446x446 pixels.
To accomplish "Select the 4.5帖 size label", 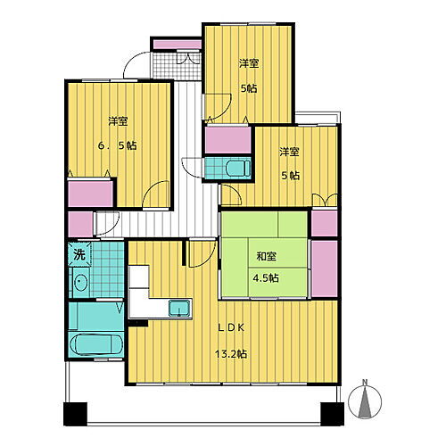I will tap(265, 277).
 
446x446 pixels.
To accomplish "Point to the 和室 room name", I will tap(266, 257).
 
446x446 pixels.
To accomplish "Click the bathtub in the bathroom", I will tap(95, 343).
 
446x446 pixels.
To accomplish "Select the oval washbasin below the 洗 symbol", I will tap(79, 285).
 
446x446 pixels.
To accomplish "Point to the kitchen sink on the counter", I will tap(180, 309).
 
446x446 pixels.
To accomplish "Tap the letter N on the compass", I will tap(365, 384).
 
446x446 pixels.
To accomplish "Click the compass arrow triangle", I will tap(365, 403).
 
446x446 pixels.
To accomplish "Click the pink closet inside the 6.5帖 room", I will tap(90, 193).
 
